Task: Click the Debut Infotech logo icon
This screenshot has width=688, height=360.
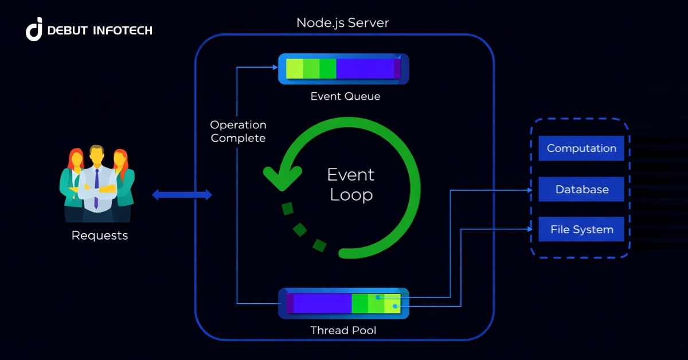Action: pyautogui.click(x=34, y=29)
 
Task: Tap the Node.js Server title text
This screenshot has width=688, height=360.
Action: pyautogui.click(x=342, y=23)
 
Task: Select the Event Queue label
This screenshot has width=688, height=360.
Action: pyautogui.click(x=345, y=96)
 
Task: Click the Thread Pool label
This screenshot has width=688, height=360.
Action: pyautogui.click(x=343, y=330)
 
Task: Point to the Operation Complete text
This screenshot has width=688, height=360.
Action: pyautogui.click(x=238, y=131)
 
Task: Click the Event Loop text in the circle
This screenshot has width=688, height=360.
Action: pyautogui.click(x=350, y=184)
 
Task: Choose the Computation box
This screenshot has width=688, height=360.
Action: pyautogui.click(x=581, y=148)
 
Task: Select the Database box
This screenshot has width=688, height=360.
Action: pyautogui.click(x=581, y=189)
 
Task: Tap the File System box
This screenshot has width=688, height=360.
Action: pyautogui.click(x=581, y=230)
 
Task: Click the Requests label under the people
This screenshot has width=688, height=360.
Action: pyautogui.click(x=100, y=236)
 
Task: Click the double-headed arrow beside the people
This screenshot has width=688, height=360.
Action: pyautogui.click(x=182, y=195)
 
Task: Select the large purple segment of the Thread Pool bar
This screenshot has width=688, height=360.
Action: pyautogui.click(x=322, y=303)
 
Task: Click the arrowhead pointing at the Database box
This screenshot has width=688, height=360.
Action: pyautogui.click(x=529, y=190)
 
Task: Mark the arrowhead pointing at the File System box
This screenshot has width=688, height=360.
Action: pyautogui.click(x=529, y=229)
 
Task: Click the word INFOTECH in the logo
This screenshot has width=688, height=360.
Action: pyautogui.click(x=123, y=30)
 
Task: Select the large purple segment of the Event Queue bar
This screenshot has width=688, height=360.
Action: pyautogui.click(x=365, y=69)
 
